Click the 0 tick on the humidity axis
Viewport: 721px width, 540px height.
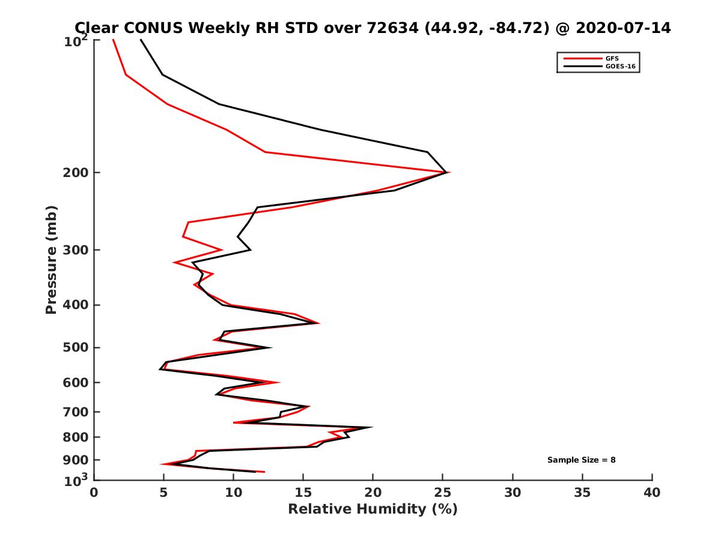pos(94,493)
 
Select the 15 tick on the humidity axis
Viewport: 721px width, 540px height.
pos(303,493)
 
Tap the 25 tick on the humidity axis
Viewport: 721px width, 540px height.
pos(443,493)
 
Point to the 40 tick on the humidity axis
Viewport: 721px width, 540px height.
pos(652,493)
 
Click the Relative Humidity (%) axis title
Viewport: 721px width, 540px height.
pos(373,509)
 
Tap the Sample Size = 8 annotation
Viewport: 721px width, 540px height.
pos(581,460)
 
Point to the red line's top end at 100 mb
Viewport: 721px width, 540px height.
pos(113,40)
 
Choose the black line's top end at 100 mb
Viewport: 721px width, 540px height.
pos(141,40)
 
